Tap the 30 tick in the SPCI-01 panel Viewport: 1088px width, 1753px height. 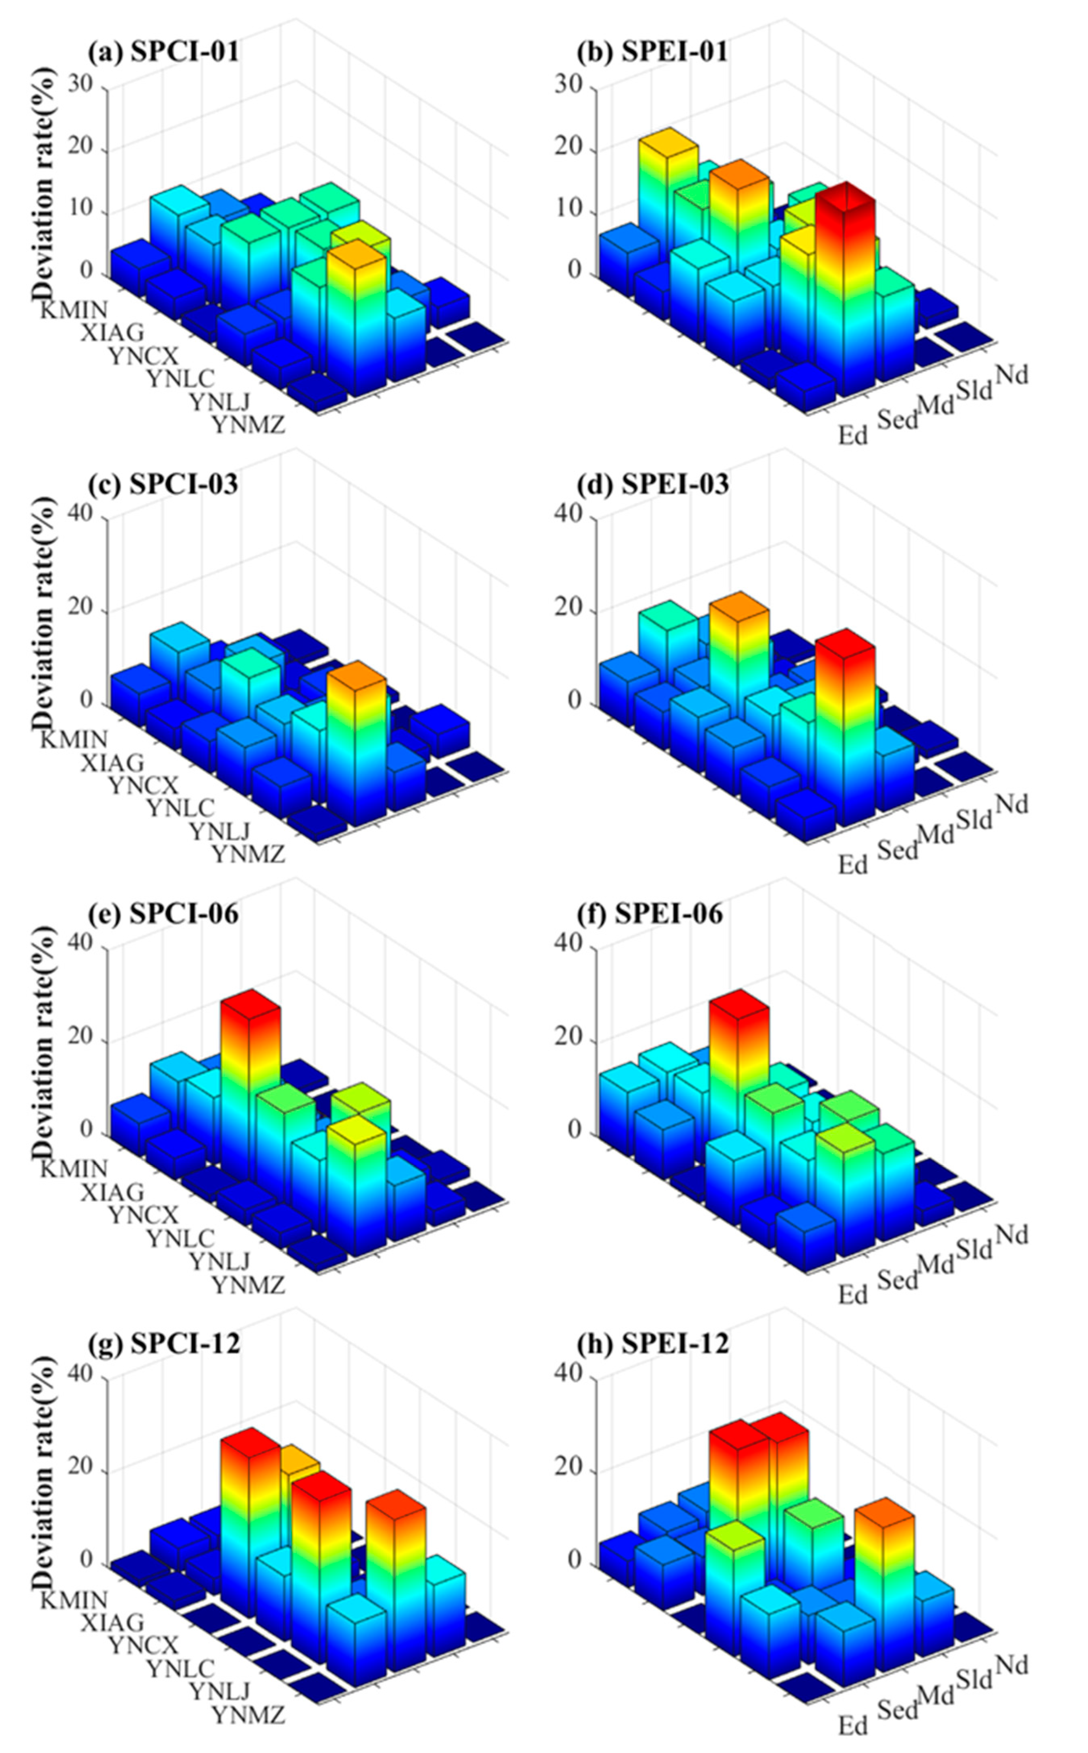81,85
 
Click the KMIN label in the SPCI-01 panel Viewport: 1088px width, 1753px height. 73,310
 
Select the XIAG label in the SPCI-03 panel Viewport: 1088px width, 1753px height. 112,762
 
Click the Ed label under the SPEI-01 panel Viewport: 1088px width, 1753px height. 853,435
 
